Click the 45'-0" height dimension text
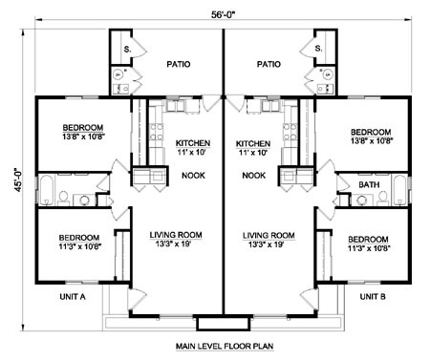coord(18,180)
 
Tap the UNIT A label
coord(73,297)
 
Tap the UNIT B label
coord(373,297)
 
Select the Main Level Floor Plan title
coord(225,346)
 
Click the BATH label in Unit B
coord(369,184)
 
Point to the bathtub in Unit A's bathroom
coord(47,190)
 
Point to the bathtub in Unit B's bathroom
coord(399,190)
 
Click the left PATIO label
coord(179,64)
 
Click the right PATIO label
coord(269,64)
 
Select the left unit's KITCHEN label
coord(193,143)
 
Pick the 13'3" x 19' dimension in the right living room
coord(267,244)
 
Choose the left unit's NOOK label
coord(193,176)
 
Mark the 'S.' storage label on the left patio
coord(127,50)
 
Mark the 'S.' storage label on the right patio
coord(319,49)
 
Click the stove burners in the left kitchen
coord(156,132)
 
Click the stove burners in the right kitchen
coord(290,132)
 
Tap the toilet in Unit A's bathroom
coord(64,198)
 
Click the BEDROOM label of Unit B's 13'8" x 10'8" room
coord(371,132)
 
